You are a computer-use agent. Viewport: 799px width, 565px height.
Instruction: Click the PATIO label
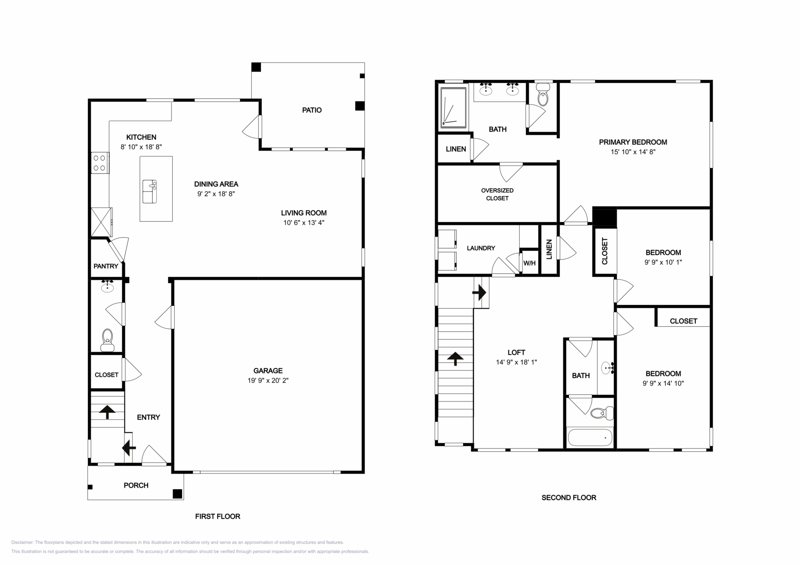tap(312, 110)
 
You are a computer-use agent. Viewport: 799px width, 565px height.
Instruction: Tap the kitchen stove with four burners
tap(100, 163)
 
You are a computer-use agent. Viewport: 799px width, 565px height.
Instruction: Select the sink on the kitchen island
tap(149, 191)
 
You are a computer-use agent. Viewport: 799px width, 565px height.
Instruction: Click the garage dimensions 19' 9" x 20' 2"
tap(268, 380)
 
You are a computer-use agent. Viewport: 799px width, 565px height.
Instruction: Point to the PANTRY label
tap(106, 266)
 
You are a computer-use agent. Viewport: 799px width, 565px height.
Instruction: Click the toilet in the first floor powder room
tap(107, 340)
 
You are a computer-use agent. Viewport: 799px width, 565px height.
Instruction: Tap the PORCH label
tap(136, 485)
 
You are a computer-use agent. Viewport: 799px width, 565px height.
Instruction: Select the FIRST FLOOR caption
tap(218, 516)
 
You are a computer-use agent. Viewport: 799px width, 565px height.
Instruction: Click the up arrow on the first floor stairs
tap(107, 412)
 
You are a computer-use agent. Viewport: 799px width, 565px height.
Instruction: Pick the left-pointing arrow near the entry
tap(129, 448)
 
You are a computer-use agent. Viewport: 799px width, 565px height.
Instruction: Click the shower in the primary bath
tap(453, 107)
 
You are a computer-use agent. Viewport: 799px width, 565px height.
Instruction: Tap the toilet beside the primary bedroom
tap(543, 94)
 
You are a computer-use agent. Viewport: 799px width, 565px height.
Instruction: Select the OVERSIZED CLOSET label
tap(497, 194)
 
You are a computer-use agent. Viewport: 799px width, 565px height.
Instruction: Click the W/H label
tap(529, 263)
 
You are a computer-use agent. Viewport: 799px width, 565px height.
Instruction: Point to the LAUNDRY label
tap(481, 248)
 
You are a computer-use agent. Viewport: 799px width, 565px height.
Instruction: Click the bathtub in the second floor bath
tap(590, 437)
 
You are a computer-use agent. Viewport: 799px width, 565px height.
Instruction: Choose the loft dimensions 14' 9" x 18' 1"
tap(516, 362)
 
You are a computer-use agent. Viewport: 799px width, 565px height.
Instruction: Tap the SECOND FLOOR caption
tap(569, 498)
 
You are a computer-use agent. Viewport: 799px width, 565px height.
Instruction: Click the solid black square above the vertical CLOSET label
tap(604, 216)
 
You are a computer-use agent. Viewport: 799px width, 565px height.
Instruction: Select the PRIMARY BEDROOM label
tap(633, 142)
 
